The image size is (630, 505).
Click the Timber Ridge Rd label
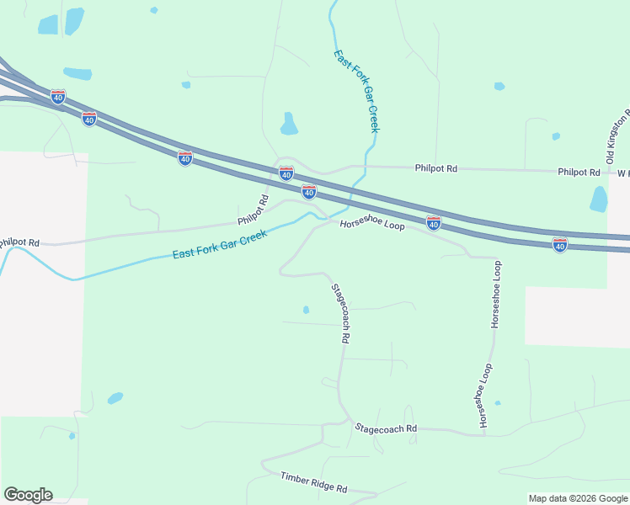(313, 483)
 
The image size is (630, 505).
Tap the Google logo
(28, 495)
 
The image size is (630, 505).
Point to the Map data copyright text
(578, 498)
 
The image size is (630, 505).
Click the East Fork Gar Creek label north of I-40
(356, 92)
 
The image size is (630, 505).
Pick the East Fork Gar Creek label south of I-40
(220, 245)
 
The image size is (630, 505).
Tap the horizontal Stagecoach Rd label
(386, 428)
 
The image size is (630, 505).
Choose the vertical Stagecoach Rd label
(339, 312)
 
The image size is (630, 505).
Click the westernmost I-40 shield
(57, 98)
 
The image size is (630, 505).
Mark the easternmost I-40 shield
(560, 244)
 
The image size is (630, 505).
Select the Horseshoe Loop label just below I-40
(372, 226)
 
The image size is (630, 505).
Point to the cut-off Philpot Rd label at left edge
(19, 242)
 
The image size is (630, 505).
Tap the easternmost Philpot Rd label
(579, 172)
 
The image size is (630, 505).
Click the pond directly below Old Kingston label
(599, 199)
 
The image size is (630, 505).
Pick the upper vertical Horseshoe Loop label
(497, 294)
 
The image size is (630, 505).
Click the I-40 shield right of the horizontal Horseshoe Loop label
(433, 223)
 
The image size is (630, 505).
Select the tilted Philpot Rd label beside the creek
(253, 211)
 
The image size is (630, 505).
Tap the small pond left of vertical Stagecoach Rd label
(306, 310)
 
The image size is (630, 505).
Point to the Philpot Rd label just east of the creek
(435, 168)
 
